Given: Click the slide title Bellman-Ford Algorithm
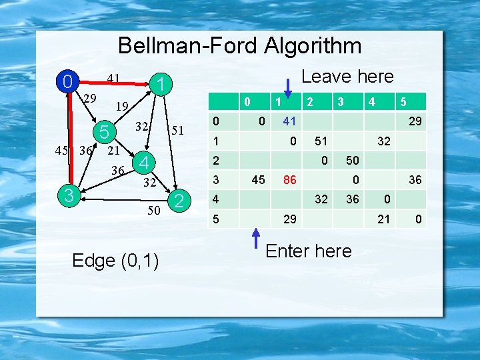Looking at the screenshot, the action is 240,45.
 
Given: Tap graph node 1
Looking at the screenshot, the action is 159,84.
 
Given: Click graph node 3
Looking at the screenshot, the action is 67,195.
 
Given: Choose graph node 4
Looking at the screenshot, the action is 143,163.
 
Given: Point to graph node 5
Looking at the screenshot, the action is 104,131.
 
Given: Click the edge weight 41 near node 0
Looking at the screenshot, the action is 114,79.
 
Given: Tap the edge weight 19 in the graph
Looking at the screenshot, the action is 121,105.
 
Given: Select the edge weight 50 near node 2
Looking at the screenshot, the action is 153,211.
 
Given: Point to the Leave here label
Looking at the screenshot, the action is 347,77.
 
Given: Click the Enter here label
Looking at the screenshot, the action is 308,251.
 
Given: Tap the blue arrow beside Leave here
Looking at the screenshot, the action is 287,87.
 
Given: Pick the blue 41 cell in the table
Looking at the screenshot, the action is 289,122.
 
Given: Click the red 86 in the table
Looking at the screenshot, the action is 289,179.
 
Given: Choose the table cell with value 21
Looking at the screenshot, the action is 383,218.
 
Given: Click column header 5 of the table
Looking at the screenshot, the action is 402,103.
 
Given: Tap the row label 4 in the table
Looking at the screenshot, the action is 215,199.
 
